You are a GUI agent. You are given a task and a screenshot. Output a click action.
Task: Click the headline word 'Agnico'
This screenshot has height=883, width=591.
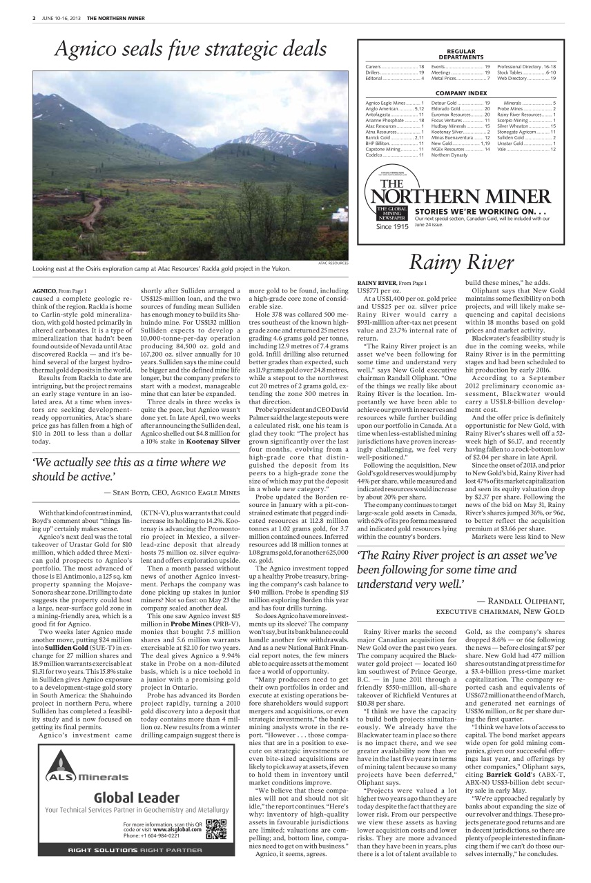pyautogui.click(x=87, y=49)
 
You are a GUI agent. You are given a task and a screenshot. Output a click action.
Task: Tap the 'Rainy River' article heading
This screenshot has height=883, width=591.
pyautogui.click(x=462, y=263)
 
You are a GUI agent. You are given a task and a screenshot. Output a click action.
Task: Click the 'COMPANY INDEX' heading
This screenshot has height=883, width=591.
pyautogui.click(x=461, y=92)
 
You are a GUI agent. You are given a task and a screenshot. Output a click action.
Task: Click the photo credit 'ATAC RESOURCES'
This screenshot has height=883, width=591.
pyautogui.click(x=333, y=263)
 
